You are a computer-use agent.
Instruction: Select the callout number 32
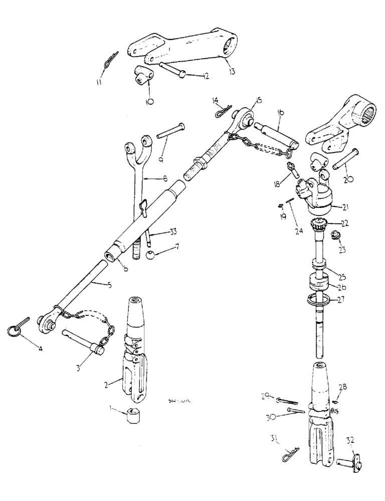coord(350,441)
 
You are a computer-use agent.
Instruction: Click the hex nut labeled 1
coord(133,416)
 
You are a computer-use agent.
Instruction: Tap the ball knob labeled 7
coord(151,256)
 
